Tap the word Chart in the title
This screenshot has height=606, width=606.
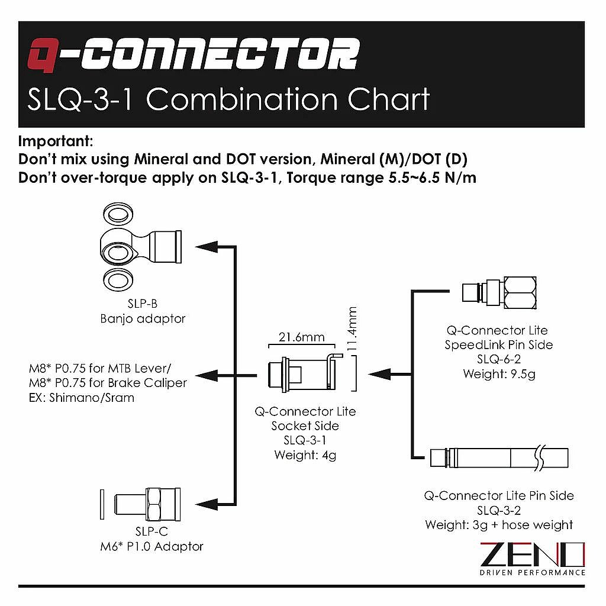coord(388,99)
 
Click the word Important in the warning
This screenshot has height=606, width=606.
coord(56,141)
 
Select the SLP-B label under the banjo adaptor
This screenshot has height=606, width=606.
coord(143,304)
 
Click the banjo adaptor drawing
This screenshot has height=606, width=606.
coord(141,247)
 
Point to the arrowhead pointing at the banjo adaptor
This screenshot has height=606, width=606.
coord(207,247)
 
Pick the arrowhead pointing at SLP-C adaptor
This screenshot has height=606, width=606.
coord(207,504)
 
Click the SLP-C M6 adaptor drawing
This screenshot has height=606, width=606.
coord(141,504)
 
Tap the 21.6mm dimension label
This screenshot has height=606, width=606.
coord(301,337)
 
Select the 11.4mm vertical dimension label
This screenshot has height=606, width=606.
coord(352,329)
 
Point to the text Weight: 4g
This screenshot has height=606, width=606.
coord(305,455)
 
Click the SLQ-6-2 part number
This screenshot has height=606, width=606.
coord(498,359)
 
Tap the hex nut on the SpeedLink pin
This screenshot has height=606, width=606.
coord(520,292)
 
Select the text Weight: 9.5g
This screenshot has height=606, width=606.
coord(499,374)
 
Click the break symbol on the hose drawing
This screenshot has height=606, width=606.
coord(540,458)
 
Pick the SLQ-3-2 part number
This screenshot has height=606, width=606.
coord(498,511)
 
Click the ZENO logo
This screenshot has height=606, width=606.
coord(532,559)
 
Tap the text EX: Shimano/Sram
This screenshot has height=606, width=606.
coord(82,398)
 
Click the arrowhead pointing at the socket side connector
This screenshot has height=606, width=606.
coord(379,374)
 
